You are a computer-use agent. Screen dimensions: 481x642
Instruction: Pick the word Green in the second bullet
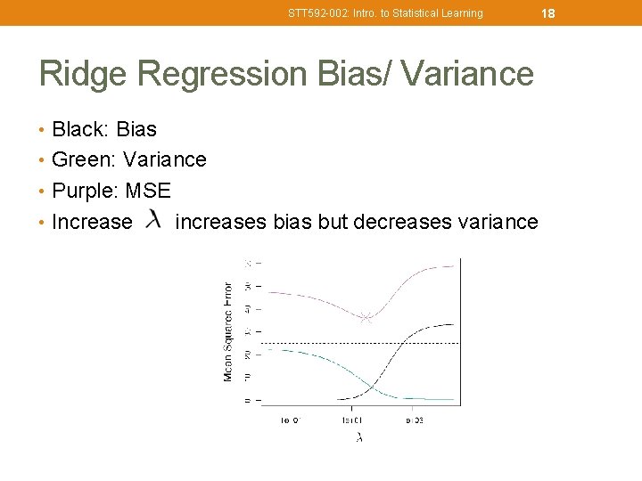tap(84, 159)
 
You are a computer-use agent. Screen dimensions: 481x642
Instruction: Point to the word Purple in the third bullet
tap(86, 191)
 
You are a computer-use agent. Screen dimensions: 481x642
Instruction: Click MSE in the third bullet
tap(148, 191)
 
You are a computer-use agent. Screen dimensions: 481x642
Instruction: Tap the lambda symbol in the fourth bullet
tap(154, 219)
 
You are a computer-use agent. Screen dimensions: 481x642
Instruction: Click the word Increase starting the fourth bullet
tap(92, 222)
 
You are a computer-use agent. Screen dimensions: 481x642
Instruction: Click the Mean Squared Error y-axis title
tap(228, 331)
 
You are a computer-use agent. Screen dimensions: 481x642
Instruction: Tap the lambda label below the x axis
tap(359, 437)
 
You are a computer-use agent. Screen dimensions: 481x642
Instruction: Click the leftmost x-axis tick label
tap(290, 420)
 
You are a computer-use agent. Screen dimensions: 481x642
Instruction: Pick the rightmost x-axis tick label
tap(415, 420)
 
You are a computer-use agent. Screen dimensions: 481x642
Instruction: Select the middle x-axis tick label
tap(351, 420)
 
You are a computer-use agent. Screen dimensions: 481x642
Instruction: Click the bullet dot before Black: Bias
tap(43, 130)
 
